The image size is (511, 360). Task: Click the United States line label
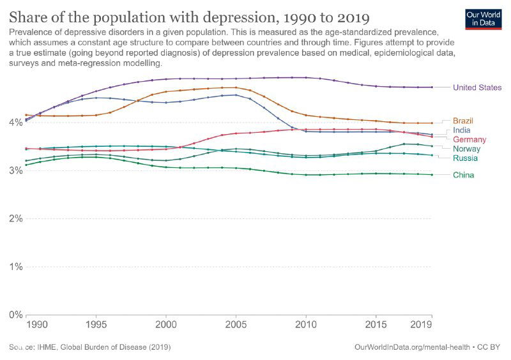point(477,87)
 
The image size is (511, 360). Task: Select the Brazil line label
point(463,121)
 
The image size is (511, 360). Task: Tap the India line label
point(462,130)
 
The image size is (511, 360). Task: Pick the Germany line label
point(469,139)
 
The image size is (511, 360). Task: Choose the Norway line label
point(467,149)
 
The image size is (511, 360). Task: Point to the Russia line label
point(465,158)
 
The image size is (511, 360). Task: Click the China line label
point(463,175)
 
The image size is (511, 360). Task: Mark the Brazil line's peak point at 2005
point(236,87)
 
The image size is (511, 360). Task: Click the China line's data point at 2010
point(306,175)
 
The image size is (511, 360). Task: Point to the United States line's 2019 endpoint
point(432,87)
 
